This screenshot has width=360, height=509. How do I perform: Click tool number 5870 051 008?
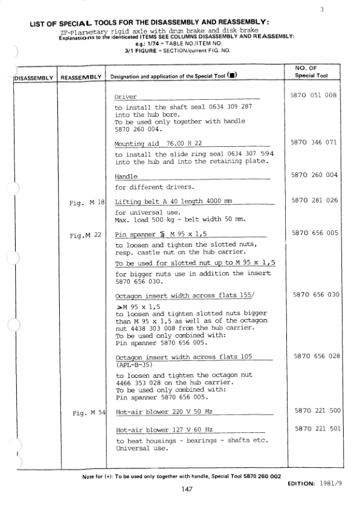(x=314, y=96)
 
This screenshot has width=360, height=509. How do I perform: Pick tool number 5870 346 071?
(x=314, y=143)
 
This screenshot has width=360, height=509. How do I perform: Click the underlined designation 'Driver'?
(x=126, y=97)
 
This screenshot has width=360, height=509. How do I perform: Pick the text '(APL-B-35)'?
(x=133, y=365)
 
